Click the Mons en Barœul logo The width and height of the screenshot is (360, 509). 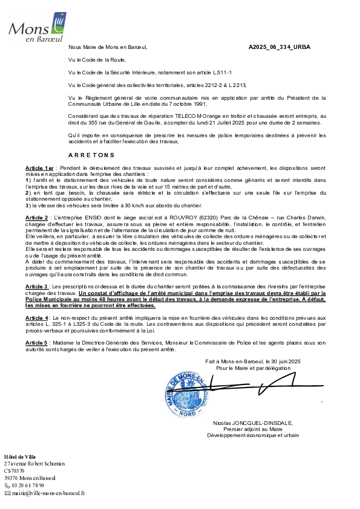coord(38,27)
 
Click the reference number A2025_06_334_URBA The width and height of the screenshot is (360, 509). coord(280,47)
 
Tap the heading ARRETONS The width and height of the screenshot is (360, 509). coord(91,155)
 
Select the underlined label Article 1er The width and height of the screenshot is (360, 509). coord(39,168)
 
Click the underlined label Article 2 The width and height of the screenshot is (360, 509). coord(37,218)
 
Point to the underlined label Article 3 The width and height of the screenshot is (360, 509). coord(37,287)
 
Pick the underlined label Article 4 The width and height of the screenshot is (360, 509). coord(37,318)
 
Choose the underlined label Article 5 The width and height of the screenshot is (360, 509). coord(36,343)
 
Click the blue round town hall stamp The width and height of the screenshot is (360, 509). coord(187,394)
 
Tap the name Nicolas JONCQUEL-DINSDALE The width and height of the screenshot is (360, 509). coord(253,423)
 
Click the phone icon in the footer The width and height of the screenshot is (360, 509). coord(7,485)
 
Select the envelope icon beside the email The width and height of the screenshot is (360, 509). coord(7,493)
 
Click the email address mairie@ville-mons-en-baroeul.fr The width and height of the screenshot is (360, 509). coord(48,493)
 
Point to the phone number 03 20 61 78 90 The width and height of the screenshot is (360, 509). coord(28,485)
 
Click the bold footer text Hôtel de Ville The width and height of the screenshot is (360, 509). coord(20,457)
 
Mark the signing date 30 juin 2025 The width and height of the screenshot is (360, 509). coord(286,361)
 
